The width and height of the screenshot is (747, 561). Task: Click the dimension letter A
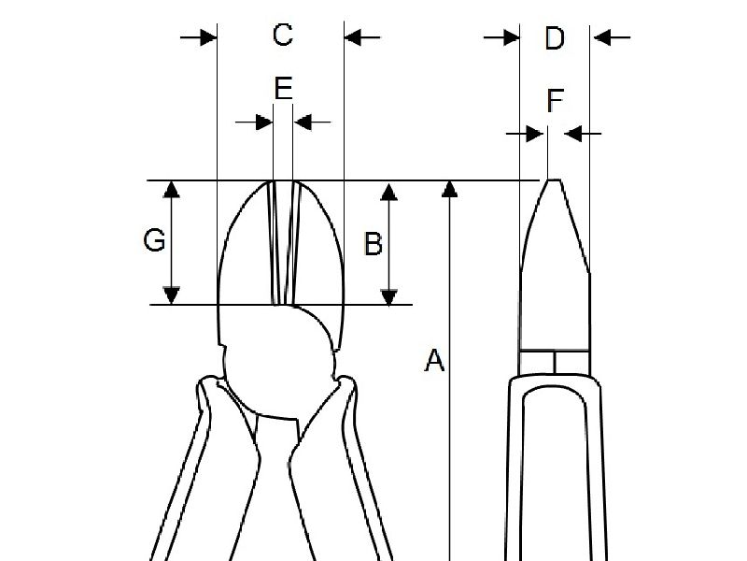point(434,360)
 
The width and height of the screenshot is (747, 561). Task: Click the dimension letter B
point(373,244)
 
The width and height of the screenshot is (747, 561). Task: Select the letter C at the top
point(282,36)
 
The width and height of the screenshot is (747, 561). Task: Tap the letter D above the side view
point(555,38)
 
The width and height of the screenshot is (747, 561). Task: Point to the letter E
point(284,89)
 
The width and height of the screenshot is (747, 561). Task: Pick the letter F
point(555,100)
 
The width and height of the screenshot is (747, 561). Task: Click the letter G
point(154,241)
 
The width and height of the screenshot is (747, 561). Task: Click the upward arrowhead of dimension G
point(171,189)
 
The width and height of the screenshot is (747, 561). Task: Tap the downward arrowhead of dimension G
point(171,295)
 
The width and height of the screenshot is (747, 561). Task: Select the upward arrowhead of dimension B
point(389,190)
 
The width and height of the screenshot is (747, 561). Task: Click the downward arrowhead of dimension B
point(389,295)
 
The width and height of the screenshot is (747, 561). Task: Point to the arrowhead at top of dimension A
point(450,189)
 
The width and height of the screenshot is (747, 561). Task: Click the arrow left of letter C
point(199,36)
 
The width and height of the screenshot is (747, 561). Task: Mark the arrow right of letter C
point(361,36)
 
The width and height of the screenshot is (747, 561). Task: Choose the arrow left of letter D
point(502,37)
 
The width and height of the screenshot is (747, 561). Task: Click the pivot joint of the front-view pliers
point(280,365)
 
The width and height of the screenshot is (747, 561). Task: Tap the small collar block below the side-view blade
point(555,362)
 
